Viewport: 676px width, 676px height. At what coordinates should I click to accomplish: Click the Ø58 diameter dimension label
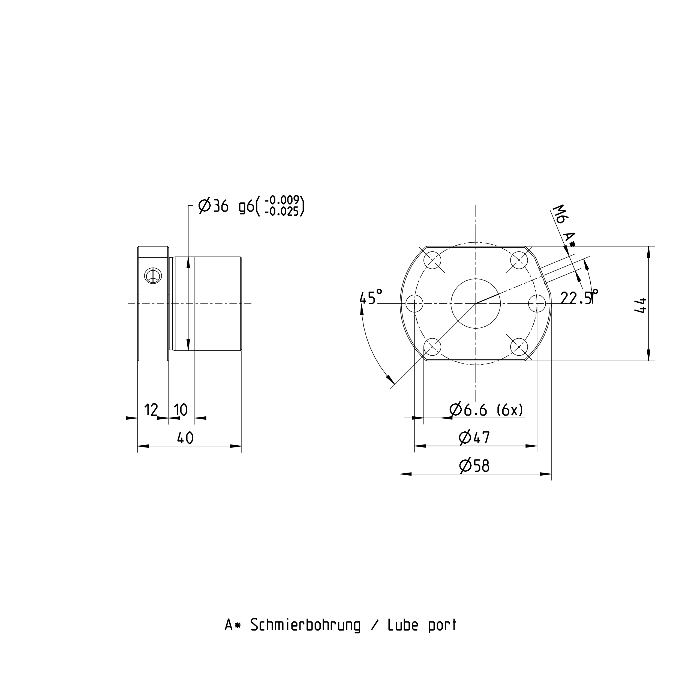point(474,466)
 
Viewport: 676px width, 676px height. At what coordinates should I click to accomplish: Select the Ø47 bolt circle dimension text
point(474,437)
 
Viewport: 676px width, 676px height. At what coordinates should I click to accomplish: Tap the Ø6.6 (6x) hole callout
point(486,409)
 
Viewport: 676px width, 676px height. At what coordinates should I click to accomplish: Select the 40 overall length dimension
point(185,438)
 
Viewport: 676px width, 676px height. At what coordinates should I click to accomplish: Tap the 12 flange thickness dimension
point(151,409)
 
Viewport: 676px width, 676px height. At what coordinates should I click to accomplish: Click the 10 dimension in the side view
point(181,409)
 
